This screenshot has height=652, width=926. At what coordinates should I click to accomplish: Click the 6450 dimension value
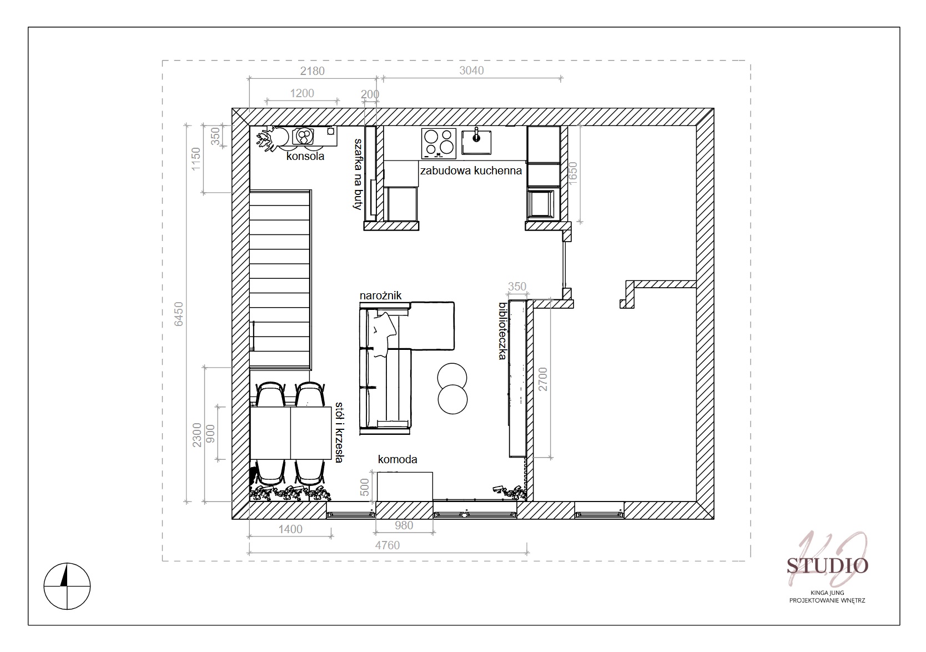[x=179, y=314]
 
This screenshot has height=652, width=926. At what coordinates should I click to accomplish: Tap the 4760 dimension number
[x=387, y=545]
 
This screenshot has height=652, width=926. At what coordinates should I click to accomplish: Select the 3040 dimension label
[x=471, y=71]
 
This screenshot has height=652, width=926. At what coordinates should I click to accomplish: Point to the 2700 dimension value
[x=543, y=379]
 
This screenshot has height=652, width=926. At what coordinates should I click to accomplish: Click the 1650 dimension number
[x=572, y=174]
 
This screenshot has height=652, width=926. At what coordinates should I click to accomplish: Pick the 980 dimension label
[x=404, y=525]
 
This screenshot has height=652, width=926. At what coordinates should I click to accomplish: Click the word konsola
[x=305, y=156]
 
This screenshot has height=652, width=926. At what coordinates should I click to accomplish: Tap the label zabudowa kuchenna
[x=471, y=170]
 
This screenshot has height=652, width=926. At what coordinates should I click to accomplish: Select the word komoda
[x=397, y=459]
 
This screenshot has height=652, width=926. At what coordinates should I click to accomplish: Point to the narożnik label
[x=380, y=295]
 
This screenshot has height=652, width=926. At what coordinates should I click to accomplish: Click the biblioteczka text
[x=502, y=331]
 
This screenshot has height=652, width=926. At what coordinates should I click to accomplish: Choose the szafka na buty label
[x=358, y=174]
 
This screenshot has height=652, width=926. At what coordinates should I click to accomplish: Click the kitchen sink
[x=476, y=143]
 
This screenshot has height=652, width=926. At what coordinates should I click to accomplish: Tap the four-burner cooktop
[x=439, y=143]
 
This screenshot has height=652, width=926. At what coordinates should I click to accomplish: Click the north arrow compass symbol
[x=67, y=586]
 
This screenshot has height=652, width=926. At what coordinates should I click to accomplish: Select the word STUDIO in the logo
[x=827, y=566]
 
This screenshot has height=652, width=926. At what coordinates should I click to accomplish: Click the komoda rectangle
[x=405, y=487]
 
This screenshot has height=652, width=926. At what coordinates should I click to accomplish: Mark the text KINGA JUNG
[x=827, y=593]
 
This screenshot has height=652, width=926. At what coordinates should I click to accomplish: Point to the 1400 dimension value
[x=290, y=529]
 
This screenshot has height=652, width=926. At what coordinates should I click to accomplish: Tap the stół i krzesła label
[x=339, y=432]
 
